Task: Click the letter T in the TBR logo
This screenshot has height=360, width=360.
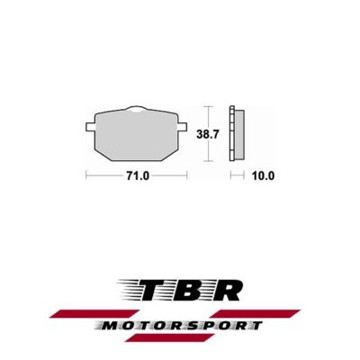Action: coord(160,290)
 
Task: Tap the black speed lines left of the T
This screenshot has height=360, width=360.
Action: coord(133,290)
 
